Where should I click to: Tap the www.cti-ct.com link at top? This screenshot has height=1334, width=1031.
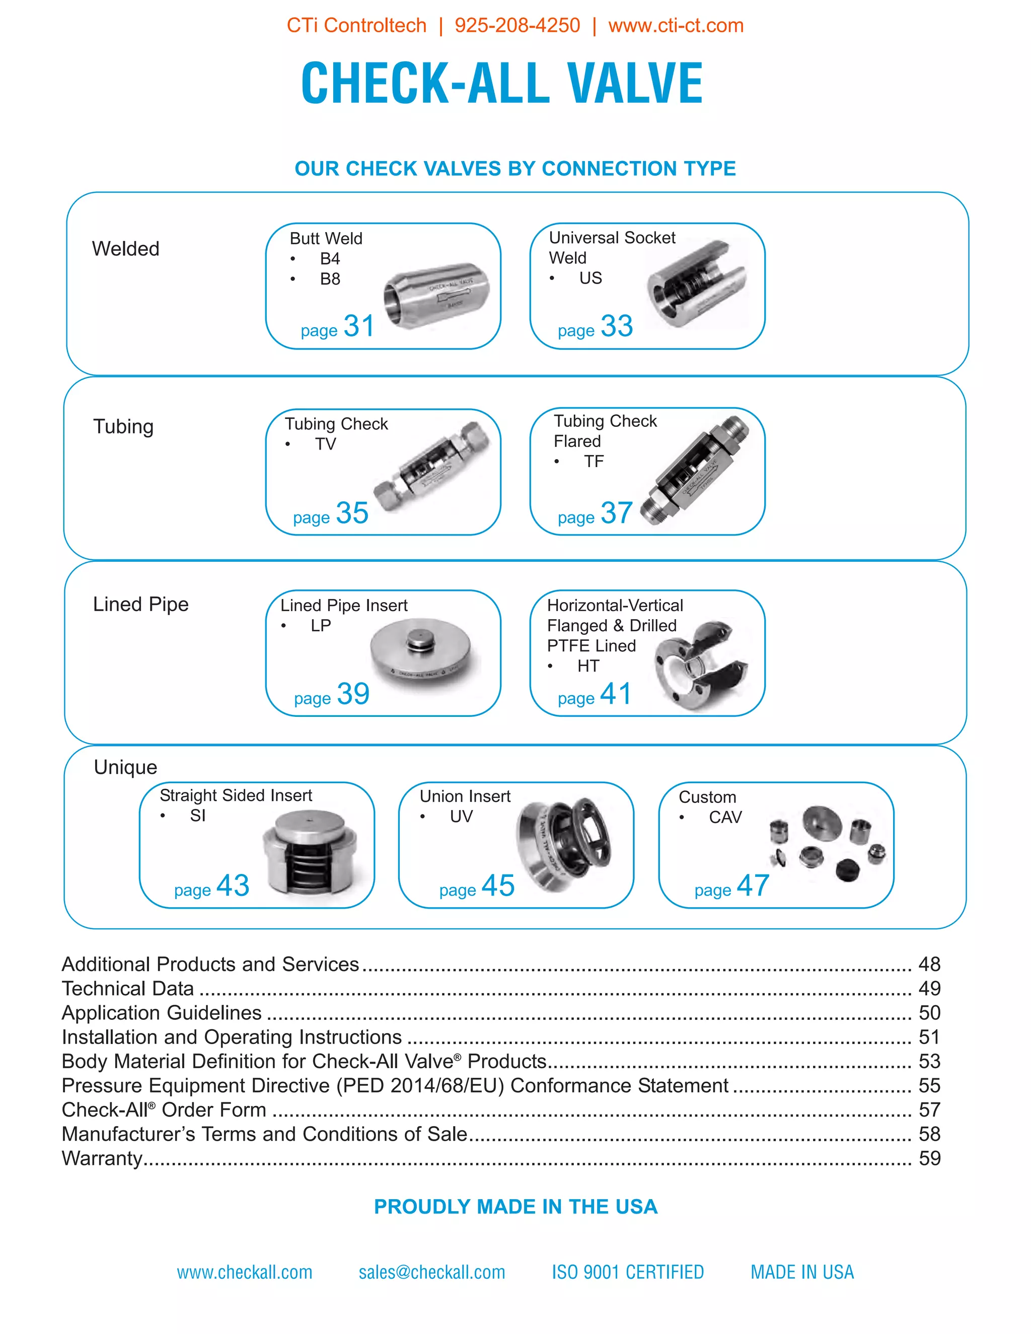coord(676,26)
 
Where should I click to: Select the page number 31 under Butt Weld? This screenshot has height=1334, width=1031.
coord(358,326)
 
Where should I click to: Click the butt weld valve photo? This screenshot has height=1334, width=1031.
coord(436,295)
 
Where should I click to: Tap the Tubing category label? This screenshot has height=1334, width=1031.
coord(123,426)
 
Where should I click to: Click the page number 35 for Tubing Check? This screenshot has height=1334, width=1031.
coord(352,513)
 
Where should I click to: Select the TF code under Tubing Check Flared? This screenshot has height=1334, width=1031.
coord(593,462)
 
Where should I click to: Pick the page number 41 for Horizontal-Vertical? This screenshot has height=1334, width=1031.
coord(616,694)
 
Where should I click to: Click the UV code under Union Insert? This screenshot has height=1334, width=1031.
coord(461,817)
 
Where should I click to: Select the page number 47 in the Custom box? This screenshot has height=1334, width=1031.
coord(753,885)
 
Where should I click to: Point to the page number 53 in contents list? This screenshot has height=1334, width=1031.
coord(929,1061)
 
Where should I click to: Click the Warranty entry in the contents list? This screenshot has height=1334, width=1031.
coord(102,1158)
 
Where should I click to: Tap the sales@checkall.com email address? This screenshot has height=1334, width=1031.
coord(432,1272)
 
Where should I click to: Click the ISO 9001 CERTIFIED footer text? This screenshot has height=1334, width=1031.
coord(628,1272)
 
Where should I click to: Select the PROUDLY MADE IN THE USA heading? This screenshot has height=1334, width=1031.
coord(515,1207)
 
